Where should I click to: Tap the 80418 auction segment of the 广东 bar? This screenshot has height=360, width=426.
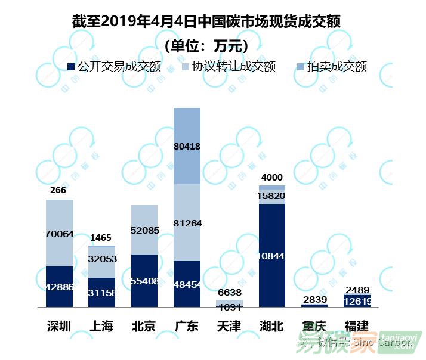pos(187,146)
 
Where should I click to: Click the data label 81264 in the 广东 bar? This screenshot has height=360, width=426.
pos(187,224)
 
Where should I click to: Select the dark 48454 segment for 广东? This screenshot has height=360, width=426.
pos(187,284)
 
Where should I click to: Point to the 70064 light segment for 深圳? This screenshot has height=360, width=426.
pos(59,234)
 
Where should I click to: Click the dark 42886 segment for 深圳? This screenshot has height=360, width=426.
pos(59,287)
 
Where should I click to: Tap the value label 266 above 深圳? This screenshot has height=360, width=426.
pos(58,191)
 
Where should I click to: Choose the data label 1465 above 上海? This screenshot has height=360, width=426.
pos(101,238)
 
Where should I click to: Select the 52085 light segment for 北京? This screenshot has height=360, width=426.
pos(144,230)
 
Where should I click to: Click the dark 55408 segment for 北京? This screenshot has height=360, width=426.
pos(144,281)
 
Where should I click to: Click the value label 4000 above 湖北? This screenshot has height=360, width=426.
pos(272,177)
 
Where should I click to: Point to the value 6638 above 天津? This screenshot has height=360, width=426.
pos(229,292)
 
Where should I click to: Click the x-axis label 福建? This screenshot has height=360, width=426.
pos(357,326)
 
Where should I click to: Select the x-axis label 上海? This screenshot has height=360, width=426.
pos(101,326)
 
